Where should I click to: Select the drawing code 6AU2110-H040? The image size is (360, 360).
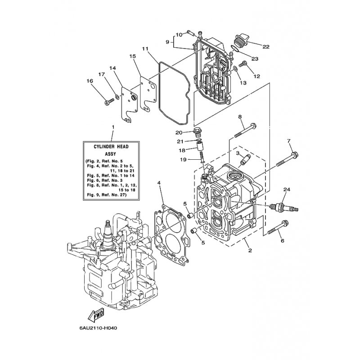pyautogui.click(x=98, y=328)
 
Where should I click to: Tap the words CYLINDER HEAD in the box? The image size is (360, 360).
pyautogui.click(x=111, y=147)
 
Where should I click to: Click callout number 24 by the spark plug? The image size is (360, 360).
pyautogui.click(x=287, y=189)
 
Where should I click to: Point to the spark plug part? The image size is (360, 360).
pyautogui.click(x=284, y=207)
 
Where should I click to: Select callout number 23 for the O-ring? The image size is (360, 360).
pyautogui.click(x=255, y=59)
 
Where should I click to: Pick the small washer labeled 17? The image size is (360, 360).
pyautogui.click(x=117, y=96)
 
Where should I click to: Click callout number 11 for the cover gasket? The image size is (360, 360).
pyautogui.click(x=145, y=49)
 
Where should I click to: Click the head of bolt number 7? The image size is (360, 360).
pyautogui.click(x=295, y=154)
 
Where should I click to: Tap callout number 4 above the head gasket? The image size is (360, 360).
pyautogui.click(x=159, y=183)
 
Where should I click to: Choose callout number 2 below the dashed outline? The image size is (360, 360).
pyautogui.click(x=250, y=250)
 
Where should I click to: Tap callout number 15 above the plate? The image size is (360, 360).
pyautogui.click(x=133, y=56)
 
